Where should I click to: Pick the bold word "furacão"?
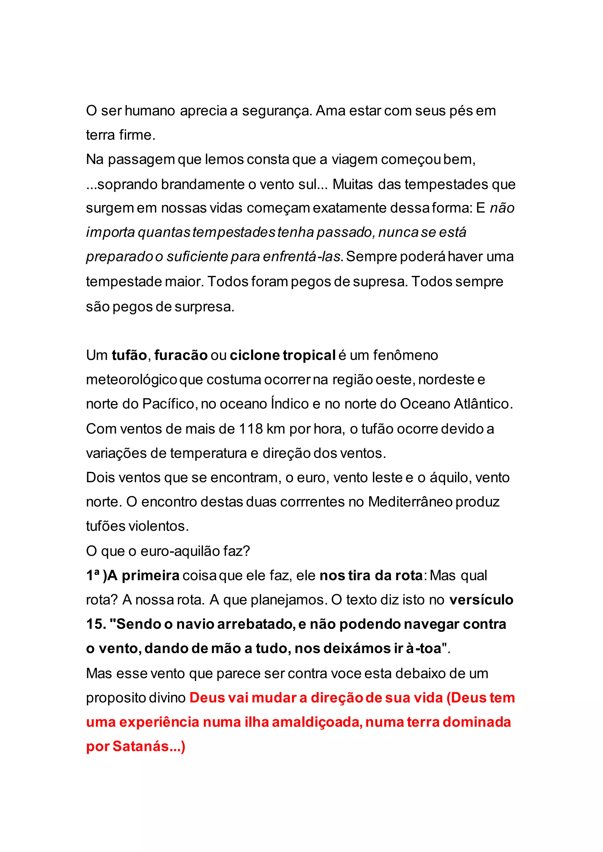coord(181,355)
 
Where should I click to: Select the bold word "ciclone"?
coord(254,355)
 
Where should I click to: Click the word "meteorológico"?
coord(131,380)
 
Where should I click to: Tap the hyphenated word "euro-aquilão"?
coord(180,551)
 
